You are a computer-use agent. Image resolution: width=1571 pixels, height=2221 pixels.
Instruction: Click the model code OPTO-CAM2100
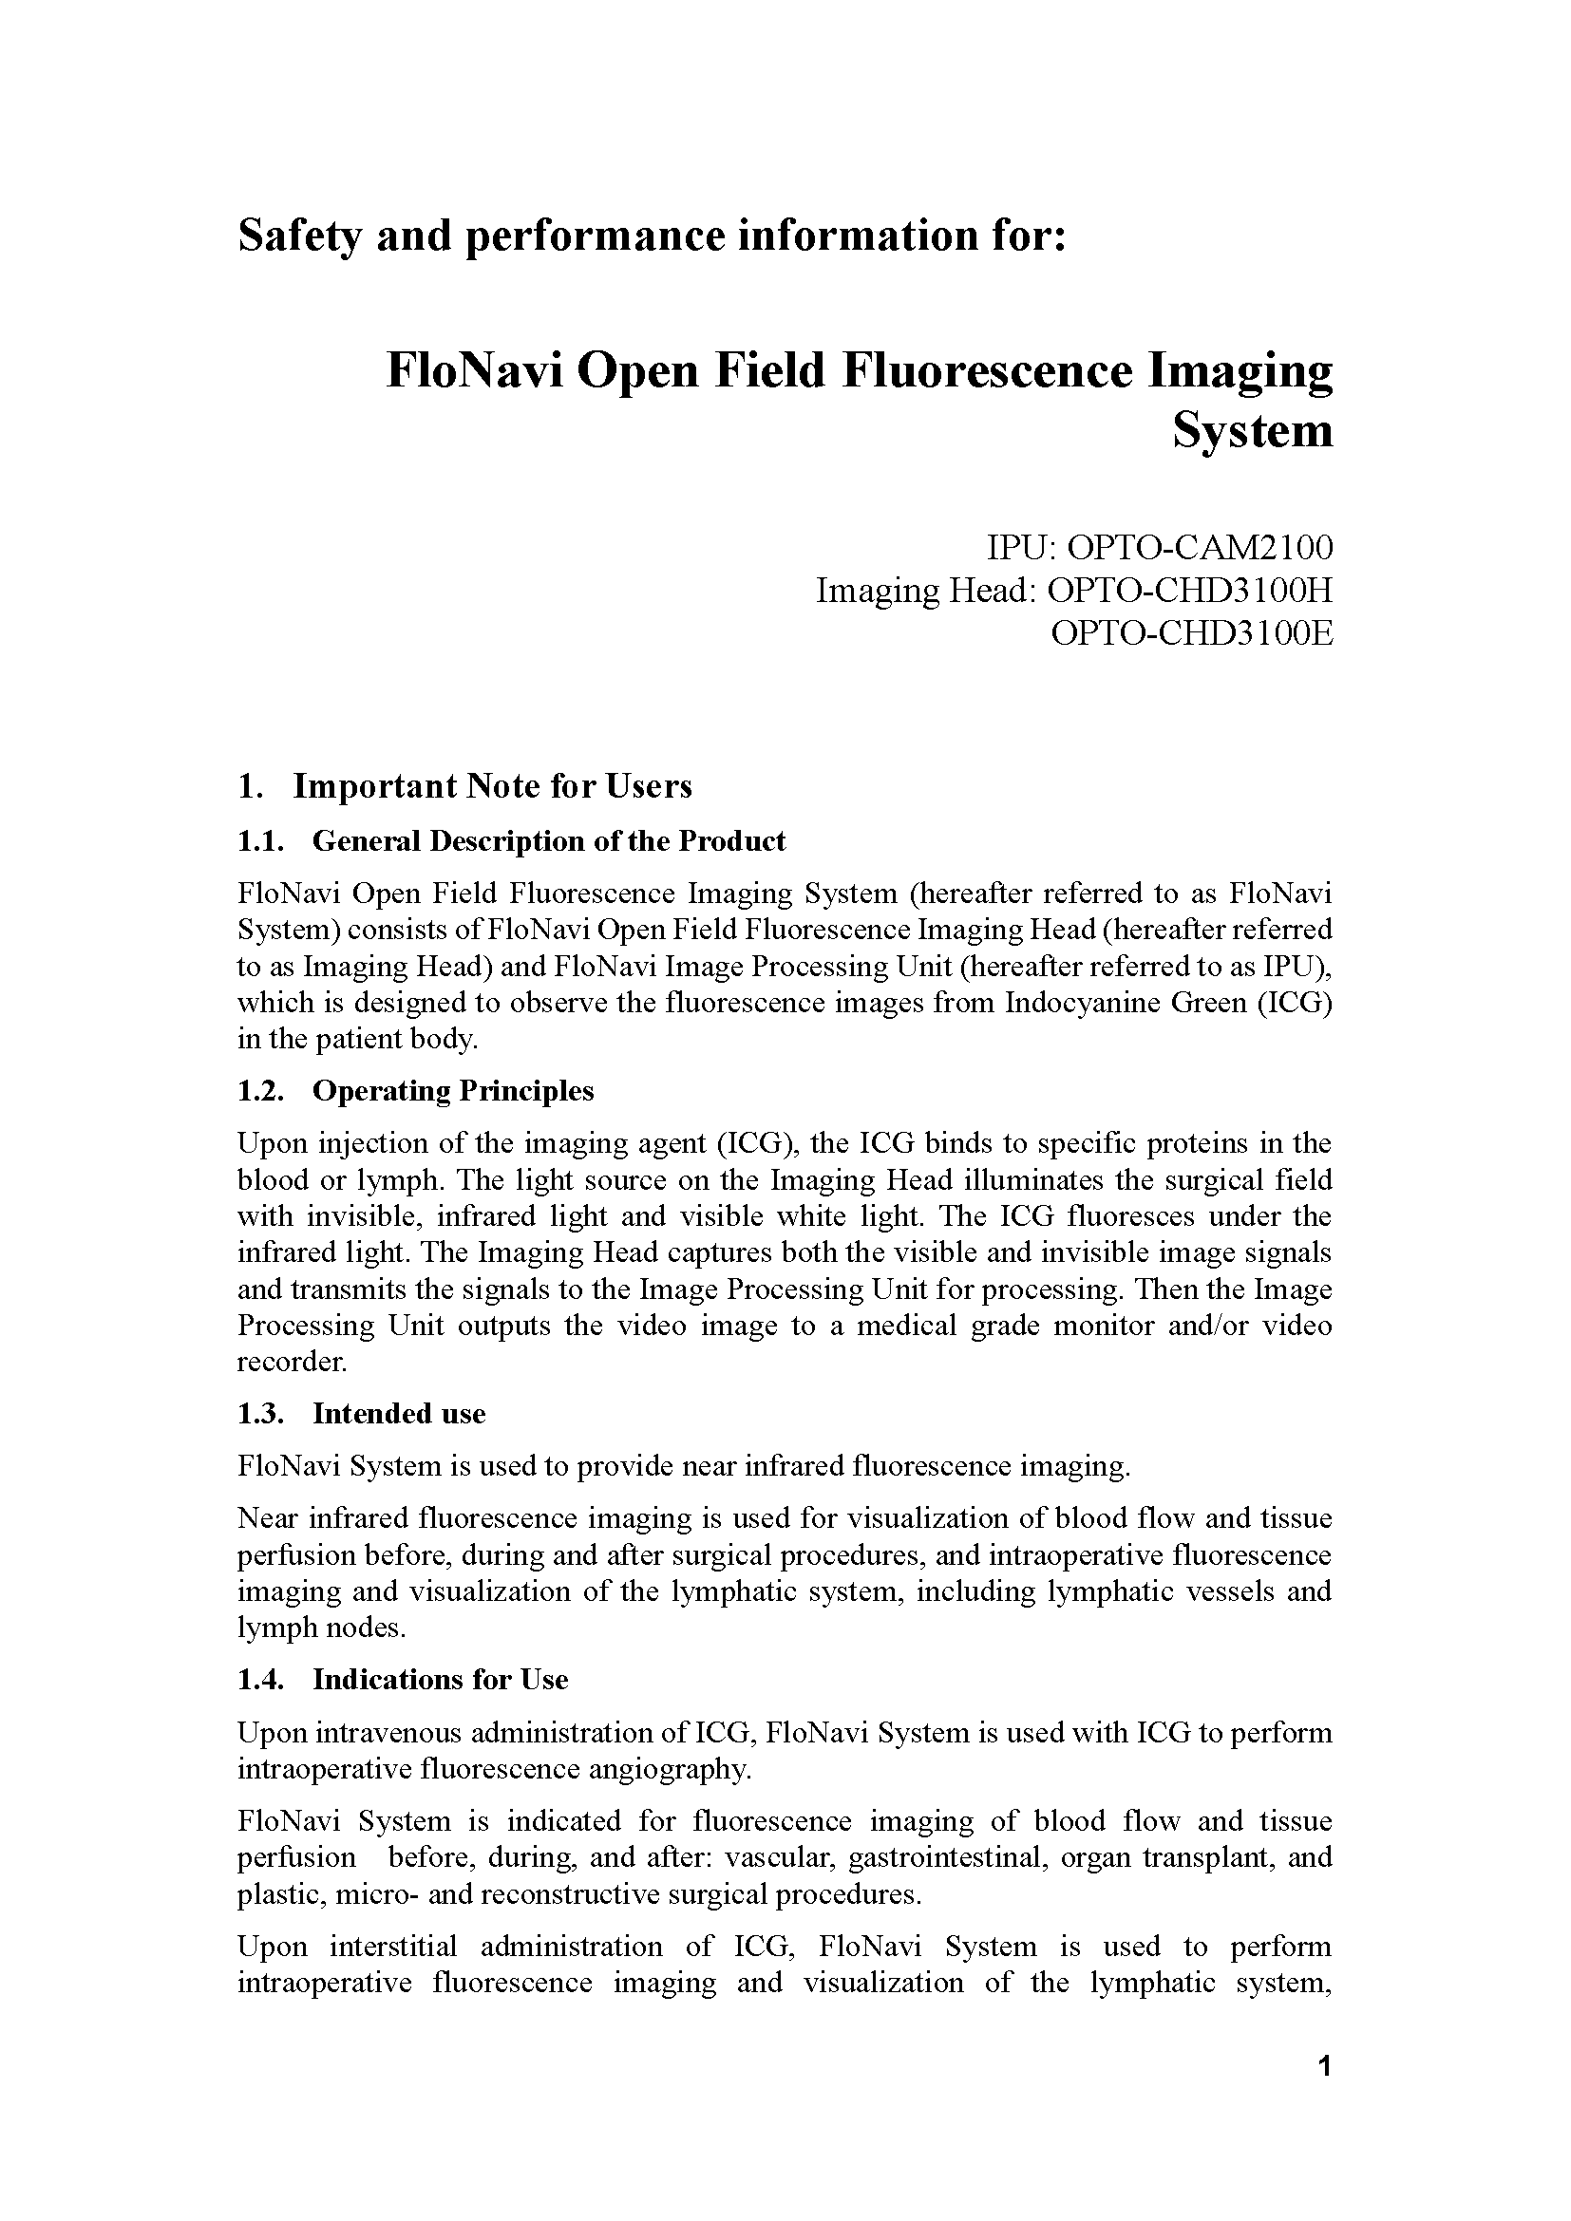[1199, 549]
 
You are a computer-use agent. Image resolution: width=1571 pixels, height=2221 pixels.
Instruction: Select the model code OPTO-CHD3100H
[1190, 590]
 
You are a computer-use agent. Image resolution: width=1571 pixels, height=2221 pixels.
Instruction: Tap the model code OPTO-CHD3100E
[1192, 633]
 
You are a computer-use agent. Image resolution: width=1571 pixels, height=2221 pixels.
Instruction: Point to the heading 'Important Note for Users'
[492, 786]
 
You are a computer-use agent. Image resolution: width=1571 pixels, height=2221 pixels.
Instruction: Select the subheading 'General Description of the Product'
[548, 841]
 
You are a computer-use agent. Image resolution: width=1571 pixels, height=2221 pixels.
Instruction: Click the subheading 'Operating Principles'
[453, 1091]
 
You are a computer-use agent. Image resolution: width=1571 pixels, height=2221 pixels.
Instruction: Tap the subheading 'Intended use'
[399, 1414]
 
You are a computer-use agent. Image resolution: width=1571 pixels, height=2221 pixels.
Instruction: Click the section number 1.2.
[260, 1091]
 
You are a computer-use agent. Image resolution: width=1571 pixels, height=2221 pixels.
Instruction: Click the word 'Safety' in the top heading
[298, 236]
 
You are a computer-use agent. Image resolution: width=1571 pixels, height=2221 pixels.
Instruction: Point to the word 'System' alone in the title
[1253, 430]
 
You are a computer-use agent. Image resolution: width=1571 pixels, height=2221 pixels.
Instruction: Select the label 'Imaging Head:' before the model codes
[926, 590]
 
